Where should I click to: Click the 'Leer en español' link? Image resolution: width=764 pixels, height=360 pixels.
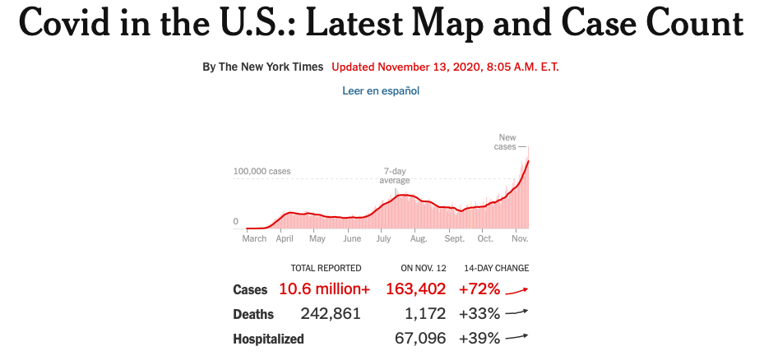[381, 90]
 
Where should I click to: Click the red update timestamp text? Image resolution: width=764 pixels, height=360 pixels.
[446, 67]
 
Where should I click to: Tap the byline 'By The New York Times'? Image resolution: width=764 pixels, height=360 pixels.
[263, 67]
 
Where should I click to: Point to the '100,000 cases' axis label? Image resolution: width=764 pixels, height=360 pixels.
[262, 172]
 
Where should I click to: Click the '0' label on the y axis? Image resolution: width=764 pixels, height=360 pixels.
[236, 221]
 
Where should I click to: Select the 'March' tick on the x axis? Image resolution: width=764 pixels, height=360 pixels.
[254, 238]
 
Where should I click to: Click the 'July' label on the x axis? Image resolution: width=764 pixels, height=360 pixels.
[383, 238]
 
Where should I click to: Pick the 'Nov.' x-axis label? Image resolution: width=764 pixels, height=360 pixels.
[520, 238]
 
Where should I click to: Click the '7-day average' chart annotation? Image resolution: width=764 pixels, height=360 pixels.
[395, 175]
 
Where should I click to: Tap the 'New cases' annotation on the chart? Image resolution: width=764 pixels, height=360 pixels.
[507, 141]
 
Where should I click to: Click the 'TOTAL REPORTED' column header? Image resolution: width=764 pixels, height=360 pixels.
[326, 268]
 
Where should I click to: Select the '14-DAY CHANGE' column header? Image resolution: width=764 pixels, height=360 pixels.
[496, 268]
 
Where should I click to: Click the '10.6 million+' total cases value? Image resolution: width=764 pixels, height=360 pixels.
[324, 289]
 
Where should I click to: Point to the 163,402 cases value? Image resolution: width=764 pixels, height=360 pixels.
[415, 289]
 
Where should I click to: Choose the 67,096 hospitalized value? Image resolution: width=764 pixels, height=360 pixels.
[420, 338]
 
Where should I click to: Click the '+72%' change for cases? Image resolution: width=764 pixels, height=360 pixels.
[479, 289]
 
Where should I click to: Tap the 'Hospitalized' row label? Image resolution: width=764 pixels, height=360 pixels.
[268, 339]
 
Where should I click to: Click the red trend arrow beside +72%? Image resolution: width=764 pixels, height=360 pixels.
[516, 289]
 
